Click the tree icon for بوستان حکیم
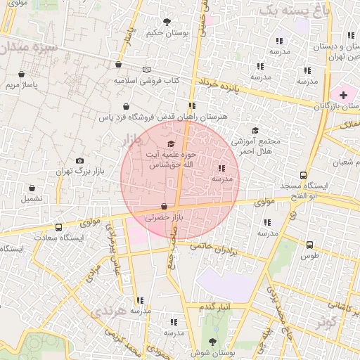point(167,21)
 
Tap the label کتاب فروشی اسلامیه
point(145,81)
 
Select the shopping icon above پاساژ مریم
point(22,73)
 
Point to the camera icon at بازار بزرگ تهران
point(79,160)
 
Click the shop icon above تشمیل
point(32,188)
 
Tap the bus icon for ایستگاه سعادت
point(58,227)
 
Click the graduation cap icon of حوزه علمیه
point(171,143)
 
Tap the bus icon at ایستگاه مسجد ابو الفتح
point(303,175)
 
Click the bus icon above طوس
point(309,245)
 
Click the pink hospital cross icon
point(343,94)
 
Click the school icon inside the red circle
point(222,168)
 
